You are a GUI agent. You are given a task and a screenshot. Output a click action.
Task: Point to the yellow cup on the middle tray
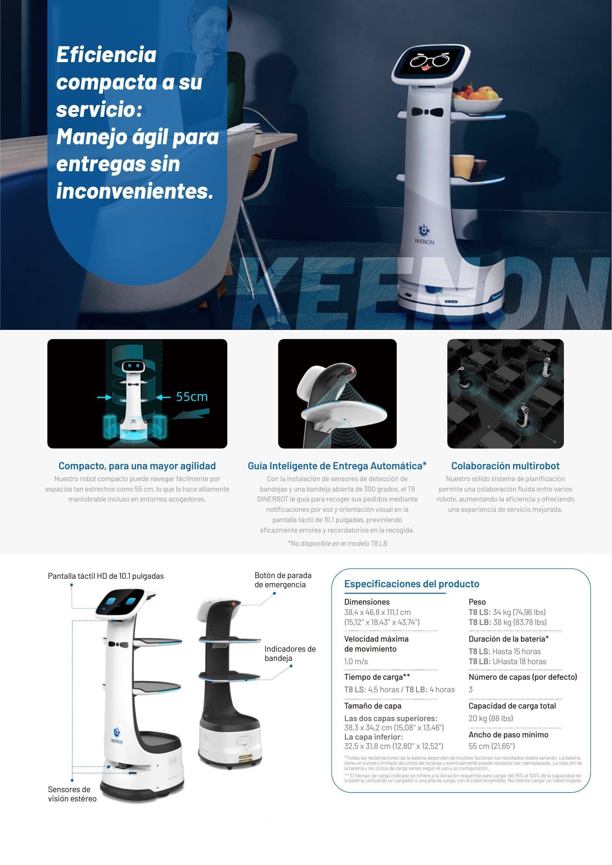[x=463, y=166]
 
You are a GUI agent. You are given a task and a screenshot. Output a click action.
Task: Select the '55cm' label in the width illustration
[x=192, y=397]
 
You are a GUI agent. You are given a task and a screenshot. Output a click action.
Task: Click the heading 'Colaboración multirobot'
[x=505, y=466]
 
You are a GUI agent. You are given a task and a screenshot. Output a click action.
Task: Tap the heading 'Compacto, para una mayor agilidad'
[x=137, y=466]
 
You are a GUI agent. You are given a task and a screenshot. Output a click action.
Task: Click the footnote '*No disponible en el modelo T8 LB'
[x=337, y=543]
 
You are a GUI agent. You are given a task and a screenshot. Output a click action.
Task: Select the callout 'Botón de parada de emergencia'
[x=283, y=580]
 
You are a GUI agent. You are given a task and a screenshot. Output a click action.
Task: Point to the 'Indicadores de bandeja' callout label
[x=290, y=653]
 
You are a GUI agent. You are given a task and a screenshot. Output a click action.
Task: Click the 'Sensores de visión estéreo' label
[x=72, y=794]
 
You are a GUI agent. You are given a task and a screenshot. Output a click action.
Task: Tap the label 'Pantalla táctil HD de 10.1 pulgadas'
[x=106, y=576]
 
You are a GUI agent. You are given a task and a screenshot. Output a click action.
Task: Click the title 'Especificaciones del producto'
[x=411, y=584]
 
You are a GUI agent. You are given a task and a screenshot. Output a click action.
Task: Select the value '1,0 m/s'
[x=356, y=661]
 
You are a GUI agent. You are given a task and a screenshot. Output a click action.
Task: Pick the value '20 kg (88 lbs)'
[x=491, y=718]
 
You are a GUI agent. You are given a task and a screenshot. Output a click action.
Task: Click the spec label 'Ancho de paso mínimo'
[x=508, y=734]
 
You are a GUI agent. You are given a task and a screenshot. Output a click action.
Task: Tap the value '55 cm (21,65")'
[x=491, y=746]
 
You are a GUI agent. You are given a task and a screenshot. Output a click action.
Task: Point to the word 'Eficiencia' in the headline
[x=106, y=55]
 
